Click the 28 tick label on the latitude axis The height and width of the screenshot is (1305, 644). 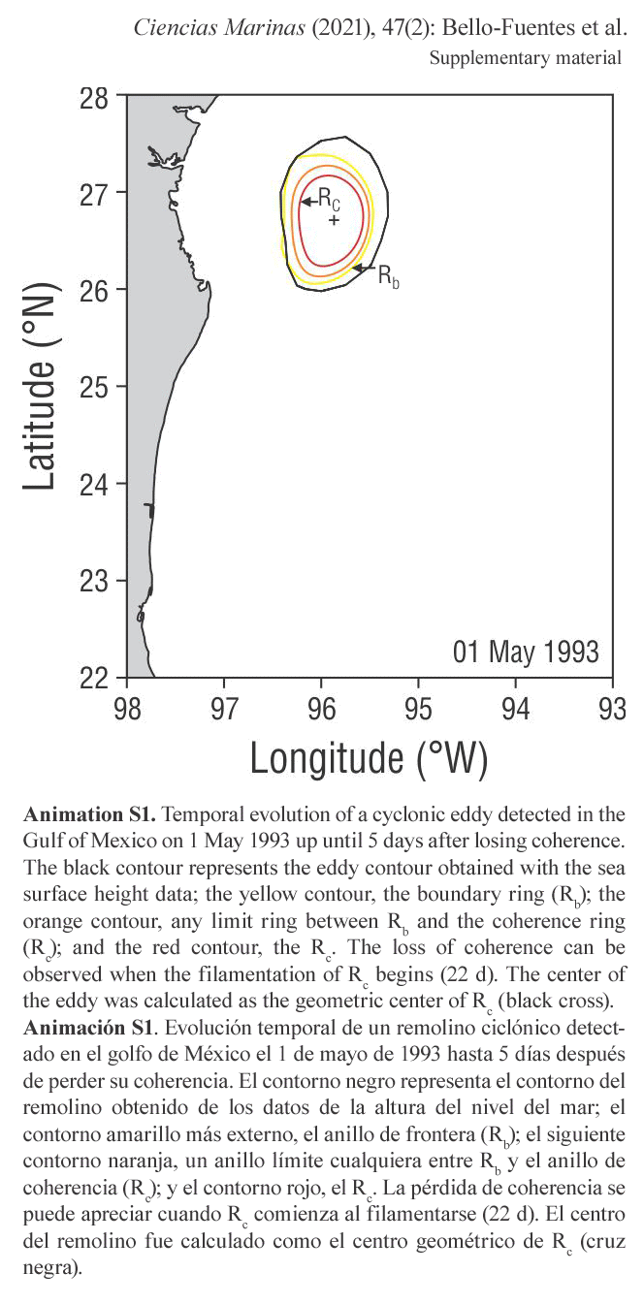(x=94, y=99)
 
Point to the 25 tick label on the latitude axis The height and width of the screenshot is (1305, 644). (x=94, y=387)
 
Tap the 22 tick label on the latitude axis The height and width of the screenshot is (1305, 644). (x=94, y=678)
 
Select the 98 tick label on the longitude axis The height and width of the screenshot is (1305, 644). (x=127, y=709)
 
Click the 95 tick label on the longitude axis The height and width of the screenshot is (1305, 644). (x=418, y=709)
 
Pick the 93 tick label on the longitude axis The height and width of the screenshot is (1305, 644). (x=613, y=709)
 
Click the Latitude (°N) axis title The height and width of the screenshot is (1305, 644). (x=40, y=386)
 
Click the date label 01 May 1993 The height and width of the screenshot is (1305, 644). (x=526, y=652)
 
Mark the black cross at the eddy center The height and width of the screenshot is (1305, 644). (x=334, y=220)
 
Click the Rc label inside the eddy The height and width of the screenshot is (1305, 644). (x=329, y=200)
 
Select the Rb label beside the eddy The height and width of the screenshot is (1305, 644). (x=389, y=274)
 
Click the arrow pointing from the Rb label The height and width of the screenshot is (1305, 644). (x=365, y=268)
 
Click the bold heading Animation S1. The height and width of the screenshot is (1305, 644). (x=89, y=813)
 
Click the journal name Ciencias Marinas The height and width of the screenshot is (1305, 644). (x=219, y=28)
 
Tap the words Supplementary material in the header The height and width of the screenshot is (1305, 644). (x=525, y=58)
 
